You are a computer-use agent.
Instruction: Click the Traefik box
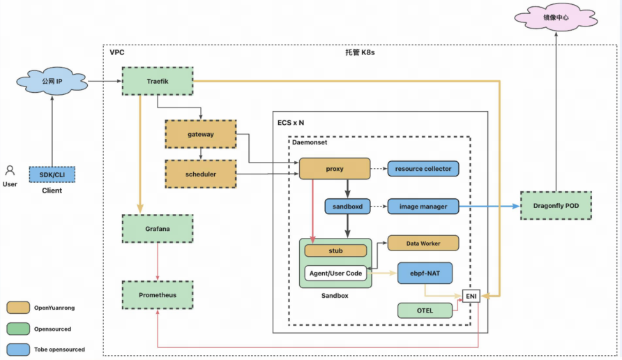tap(158, 81)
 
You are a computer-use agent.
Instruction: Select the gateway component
tap(201, 134)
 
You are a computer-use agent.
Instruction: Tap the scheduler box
tap(201, 174)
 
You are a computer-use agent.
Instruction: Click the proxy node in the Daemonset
tap(335, 169)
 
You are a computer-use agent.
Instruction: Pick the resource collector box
tap(423, 169)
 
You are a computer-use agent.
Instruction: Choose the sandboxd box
tap(347, 207)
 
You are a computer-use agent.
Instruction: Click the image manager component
tap(423, 207)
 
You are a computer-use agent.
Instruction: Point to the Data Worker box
tap(423, 243)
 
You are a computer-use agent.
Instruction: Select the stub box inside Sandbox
tap(335, 250)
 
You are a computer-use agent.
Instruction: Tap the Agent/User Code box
tap(335, 273)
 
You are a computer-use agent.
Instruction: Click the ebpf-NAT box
tap(425, 273)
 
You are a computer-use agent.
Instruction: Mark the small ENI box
tap(471, 296)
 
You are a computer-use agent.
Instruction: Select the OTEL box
tap(425, 310)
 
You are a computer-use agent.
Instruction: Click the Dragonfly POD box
tap(556, 206)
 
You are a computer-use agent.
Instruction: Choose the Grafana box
tap(158, 229)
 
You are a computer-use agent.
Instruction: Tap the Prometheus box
tap(158, 295)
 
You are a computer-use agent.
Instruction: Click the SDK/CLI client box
tap(52, 174)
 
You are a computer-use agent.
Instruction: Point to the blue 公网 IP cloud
tap(52, 81)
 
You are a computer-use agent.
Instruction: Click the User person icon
tap(10, 170)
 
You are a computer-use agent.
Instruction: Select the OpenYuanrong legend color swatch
tap(18, 308)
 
